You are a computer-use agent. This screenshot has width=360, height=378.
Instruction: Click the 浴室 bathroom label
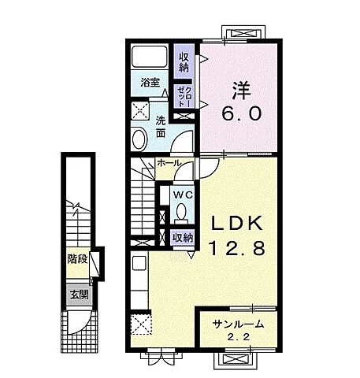pos(150,82)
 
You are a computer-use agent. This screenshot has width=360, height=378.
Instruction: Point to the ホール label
pos(169,163)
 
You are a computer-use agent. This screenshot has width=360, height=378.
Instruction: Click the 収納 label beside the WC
pos(183,237)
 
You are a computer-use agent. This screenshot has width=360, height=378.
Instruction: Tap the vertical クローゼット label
pos(182,95)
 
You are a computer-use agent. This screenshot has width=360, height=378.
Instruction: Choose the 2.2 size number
pos(237,339)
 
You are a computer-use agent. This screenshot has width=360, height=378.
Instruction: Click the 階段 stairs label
pos(76,258)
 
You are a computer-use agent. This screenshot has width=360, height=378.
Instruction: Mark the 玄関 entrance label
pos(76,294)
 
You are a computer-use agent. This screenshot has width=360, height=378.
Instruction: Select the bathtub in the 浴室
pos(149,57)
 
